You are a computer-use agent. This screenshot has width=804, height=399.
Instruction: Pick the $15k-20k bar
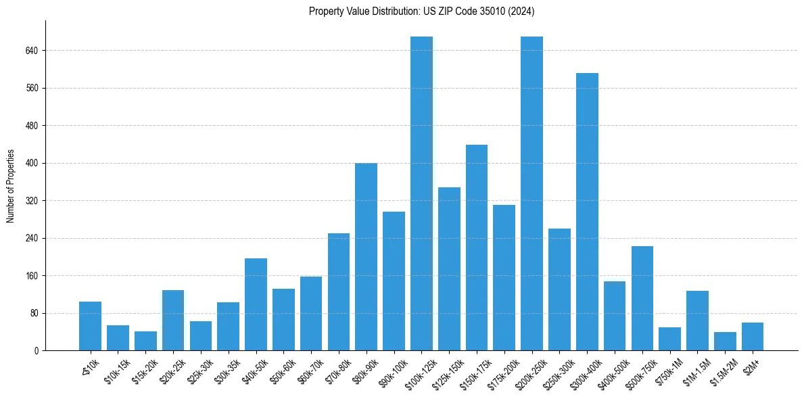(x=145, y=341)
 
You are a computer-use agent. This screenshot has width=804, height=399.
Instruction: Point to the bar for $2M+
(x=753, y=337)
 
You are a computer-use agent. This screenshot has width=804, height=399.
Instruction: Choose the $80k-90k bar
(x=366, y=257)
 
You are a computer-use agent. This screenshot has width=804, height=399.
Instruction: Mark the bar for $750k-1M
(x=669, y=339)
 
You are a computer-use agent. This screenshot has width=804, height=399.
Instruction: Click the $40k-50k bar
(x=256, y=304)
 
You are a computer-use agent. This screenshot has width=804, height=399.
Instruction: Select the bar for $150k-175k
(x=477, y=248)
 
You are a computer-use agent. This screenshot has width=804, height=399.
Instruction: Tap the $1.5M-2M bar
(x=725, y=342)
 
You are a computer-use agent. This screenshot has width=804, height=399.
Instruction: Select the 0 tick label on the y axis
(x=35, y=351)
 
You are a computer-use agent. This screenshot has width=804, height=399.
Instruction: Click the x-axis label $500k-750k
(x=643, y=371)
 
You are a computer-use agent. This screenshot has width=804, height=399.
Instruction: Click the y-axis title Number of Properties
(x=10, y=186)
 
